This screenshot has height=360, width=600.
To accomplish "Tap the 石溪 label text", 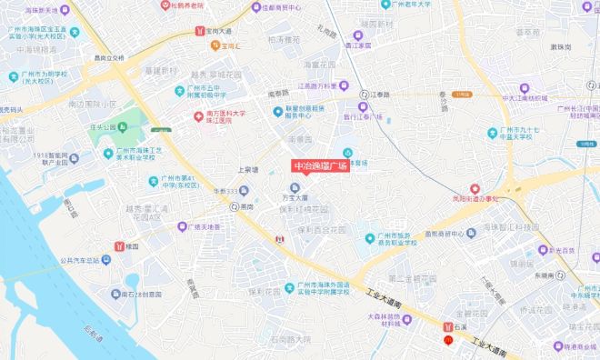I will point(461,325).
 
